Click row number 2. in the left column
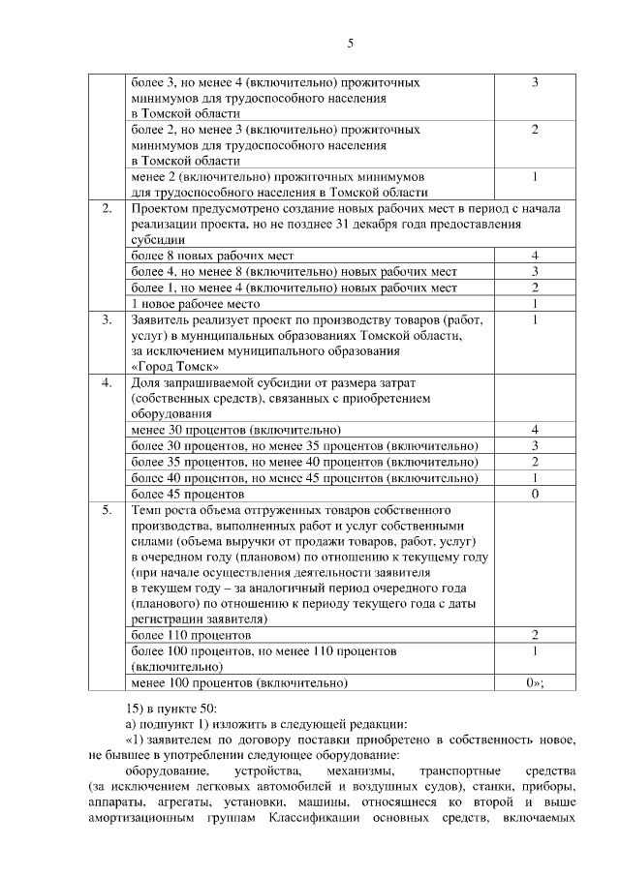pos(108,208)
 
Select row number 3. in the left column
pos(108,319)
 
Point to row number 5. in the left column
pos(108,508)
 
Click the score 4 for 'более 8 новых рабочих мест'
pos(534,256)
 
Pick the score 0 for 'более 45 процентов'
pos(534,493)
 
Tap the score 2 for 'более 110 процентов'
pos(534,635)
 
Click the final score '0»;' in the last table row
pos(534,682)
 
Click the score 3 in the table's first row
pos(534,83)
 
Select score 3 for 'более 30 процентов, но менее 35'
pos(534,445)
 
